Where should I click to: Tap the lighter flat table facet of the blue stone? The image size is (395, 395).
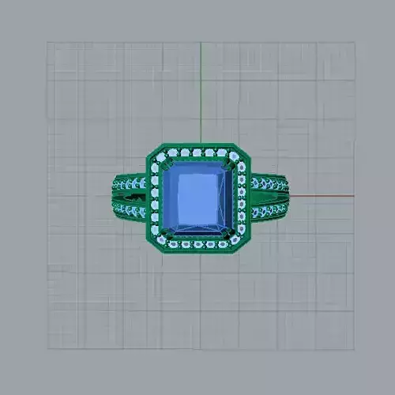point(197,197)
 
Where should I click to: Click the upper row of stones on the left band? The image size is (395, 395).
point(130,185)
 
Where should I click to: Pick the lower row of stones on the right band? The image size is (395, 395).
point(267,210)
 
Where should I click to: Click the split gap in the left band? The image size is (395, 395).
point(130,197)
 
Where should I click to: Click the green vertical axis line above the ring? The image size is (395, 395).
point(201,95)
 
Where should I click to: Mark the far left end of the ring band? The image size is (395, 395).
point(111,197)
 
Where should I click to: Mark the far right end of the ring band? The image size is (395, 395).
point(287,197)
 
